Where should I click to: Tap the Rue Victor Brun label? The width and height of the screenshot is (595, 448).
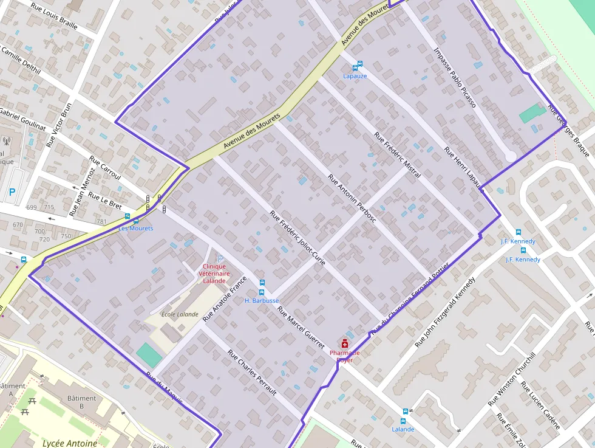59,125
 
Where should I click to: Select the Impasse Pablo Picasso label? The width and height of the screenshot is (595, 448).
455,77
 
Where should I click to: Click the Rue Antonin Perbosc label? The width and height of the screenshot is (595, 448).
352,198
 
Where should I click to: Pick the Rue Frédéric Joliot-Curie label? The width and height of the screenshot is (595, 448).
297,240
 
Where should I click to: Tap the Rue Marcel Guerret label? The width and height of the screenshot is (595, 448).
301,327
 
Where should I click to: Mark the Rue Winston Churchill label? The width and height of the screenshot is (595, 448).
512,379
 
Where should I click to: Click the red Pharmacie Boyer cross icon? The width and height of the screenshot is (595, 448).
345,343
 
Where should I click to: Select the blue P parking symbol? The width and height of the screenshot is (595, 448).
12,193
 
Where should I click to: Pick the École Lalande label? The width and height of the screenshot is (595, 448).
180,314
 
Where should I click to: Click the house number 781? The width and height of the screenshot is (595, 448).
101,221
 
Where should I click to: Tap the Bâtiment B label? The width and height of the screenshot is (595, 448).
82,399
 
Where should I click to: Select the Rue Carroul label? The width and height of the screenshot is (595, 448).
105,168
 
